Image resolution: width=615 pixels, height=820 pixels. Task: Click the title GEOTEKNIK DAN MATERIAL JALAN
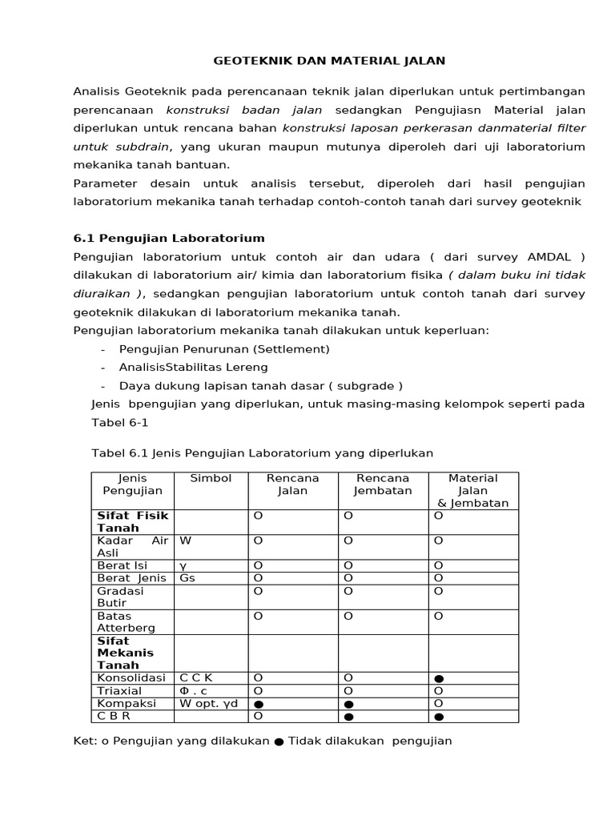(328, 60)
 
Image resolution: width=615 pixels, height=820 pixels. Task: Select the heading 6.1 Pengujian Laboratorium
(169, 239)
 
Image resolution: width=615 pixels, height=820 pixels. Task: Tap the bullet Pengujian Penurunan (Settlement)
(224, 349)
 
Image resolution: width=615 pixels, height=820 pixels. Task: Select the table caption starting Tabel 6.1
(263, 453)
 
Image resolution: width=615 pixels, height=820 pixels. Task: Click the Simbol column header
(211, 478)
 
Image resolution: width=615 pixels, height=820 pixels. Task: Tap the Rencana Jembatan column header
(383, 484)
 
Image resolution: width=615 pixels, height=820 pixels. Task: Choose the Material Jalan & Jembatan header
(473, 490)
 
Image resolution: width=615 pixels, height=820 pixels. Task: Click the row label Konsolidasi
(131, 677)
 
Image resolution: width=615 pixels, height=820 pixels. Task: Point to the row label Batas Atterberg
(127, 622)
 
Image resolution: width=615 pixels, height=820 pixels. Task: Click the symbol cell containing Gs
(187, 577)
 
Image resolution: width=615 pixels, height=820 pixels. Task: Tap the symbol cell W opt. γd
(208, 703)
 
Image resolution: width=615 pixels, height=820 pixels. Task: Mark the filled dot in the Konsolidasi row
(439, 679)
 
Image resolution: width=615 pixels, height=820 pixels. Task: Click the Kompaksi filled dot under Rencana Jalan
(259, 705)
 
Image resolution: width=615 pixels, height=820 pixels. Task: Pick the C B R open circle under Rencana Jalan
(258, 715)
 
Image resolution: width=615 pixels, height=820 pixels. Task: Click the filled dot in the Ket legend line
(279, 742)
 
